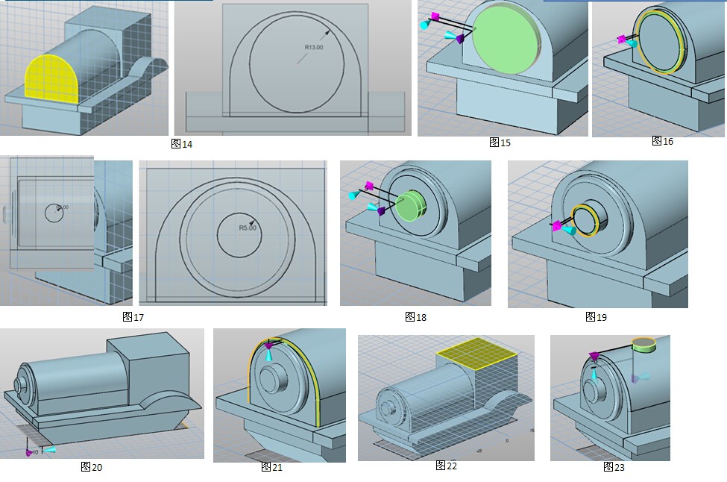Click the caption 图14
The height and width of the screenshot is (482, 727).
tap(182, 144)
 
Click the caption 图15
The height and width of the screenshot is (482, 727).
tap(500, 142)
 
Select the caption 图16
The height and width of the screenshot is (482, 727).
tap(662, 140)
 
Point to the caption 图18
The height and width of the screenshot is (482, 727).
tap(416, 317)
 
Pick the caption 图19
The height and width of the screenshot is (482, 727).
tap(597, 317)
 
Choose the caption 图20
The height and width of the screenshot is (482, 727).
tap(92, 467)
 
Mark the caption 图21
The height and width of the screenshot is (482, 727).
tap(272, 467)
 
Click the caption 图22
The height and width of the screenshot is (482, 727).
tap(447, 466)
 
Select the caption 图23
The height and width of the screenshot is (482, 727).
tap(614, 467)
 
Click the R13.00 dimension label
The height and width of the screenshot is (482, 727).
tap(314, 48)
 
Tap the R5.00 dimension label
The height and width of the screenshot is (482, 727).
tap(247, 228)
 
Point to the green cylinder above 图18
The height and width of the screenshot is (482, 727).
tap(409, 206)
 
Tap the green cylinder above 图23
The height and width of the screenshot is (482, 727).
tap(643, 345)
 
